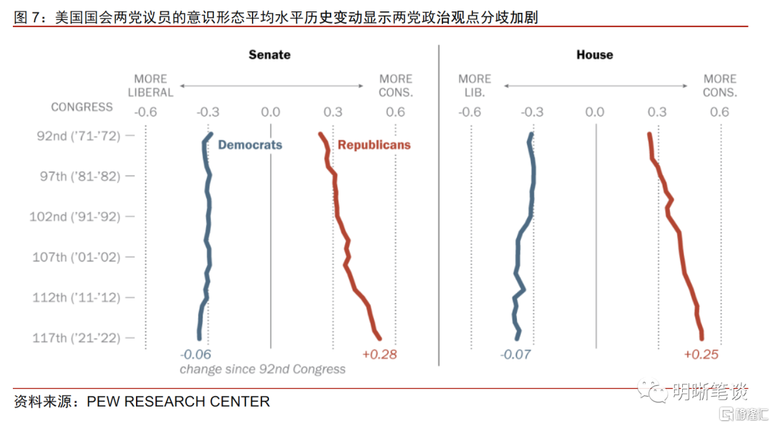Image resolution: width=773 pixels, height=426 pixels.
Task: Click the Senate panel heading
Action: coord(269,54)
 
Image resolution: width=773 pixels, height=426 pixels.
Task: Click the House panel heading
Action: coord(594,54)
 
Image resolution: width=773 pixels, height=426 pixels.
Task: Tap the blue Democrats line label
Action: coord(250,145)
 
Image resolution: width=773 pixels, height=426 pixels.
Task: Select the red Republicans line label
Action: coord(374,145)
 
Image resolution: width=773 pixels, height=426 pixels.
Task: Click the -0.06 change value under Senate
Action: coord(195,354)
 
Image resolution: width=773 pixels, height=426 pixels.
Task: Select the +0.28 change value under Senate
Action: coord(379,354)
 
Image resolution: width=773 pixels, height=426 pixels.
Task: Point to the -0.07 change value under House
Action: coord(515,354)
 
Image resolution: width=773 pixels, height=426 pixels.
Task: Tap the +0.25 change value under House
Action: coord(701,354)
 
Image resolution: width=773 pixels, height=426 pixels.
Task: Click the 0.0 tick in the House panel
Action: coord(595,112)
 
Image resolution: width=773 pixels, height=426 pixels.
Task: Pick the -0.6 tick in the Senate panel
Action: coord(145,112)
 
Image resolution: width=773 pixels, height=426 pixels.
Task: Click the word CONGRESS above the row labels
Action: coord(82,107)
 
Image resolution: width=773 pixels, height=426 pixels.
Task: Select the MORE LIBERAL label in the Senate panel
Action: coord(150,85)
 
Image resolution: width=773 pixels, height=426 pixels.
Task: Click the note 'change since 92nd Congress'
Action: coord(262,369)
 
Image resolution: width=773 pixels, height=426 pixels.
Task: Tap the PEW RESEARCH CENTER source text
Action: coord(178,402)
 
